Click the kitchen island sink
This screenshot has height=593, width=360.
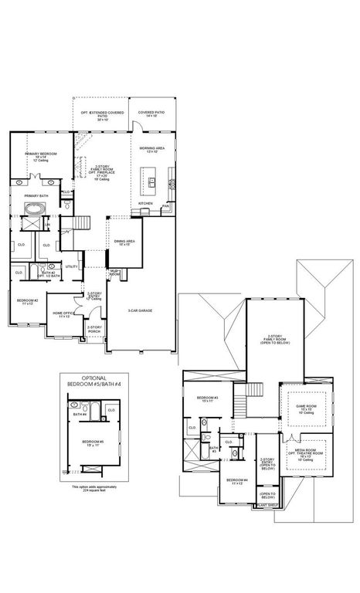coord(152,183)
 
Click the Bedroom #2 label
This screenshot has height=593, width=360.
coord(28,300)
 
